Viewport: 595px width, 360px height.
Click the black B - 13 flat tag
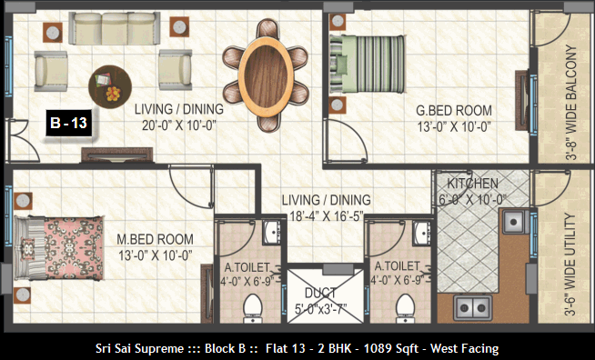click(69, 123)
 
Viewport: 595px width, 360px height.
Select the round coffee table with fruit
click(110, 87)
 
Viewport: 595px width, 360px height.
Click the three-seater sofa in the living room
click(115, 28)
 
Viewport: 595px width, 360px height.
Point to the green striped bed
click(367, 65)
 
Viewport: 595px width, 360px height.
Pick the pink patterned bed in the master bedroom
click(59, 247)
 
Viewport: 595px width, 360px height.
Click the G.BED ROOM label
click(454, 111)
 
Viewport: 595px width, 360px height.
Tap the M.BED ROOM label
click(155, 239)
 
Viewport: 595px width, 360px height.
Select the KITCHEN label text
click(472, 184)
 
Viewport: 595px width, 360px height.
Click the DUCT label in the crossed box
click(320, 293)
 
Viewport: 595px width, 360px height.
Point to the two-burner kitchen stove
click(473, 307)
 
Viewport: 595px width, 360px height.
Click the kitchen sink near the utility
click(515, 221)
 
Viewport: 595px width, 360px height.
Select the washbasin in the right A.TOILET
click(421, 231)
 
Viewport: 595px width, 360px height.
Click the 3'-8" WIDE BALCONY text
click(570, 103)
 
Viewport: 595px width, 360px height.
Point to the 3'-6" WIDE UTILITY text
click(570, 265)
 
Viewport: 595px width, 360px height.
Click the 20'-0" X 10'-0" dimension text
click(178, 125)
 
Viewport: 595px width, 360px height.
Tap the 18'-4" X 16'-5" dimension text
click(327, 215)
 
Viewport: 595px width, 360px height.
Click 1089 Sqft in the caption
click(391, 348)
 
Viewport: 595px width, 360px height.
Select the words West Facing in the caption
click(465, 348)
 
